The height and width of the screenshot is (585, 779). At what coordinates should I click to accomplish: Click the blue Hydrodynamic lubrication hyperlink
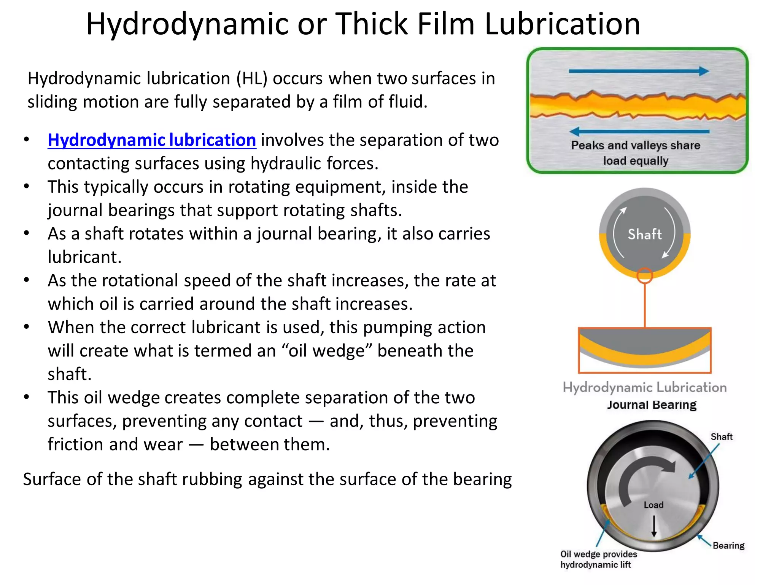pos(152,140)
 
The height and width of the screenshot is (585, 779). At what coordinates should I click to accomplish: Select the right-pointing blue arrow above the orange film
pos(639,71)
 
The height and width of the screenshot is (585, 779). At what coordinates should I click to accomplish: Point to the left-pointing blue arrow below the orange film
pos(639,131)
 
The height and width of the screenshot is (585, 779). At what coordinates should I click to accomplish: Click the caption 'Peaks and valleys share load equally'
pos(636,153)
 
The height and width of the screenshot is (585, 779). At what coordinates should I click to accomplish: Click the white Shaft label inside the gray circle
pos(645,234)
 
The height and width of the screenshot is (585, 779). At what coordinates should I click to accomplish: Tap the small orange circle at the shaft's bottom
pos(645,275)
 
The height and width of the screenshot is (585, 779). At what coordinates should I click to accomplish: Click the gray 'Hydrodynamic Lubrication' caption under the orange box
pos(645,387)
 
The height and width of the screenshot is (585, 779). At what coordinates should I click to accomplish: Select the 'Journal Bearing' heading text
pos(652,404)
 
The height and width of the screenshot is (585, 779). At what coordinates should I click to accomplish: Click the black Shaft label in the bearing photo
pos(721,436)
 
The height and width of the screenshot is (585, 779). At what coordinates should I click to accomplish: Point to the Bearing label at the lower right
pos(728,545)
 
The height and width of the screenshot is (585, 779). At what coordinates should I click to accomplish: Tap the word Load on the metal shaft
pos(653,505)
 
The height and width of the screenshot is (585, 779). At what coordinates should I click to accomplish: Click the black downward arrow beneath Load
pos(654,526)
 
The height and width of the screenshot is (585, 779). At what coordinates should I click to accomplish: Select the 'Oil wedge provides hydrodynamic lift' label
pos(598,559)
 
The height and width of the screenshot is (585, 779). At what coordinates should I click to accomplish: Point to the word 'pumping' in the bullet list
pos(397,328)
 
